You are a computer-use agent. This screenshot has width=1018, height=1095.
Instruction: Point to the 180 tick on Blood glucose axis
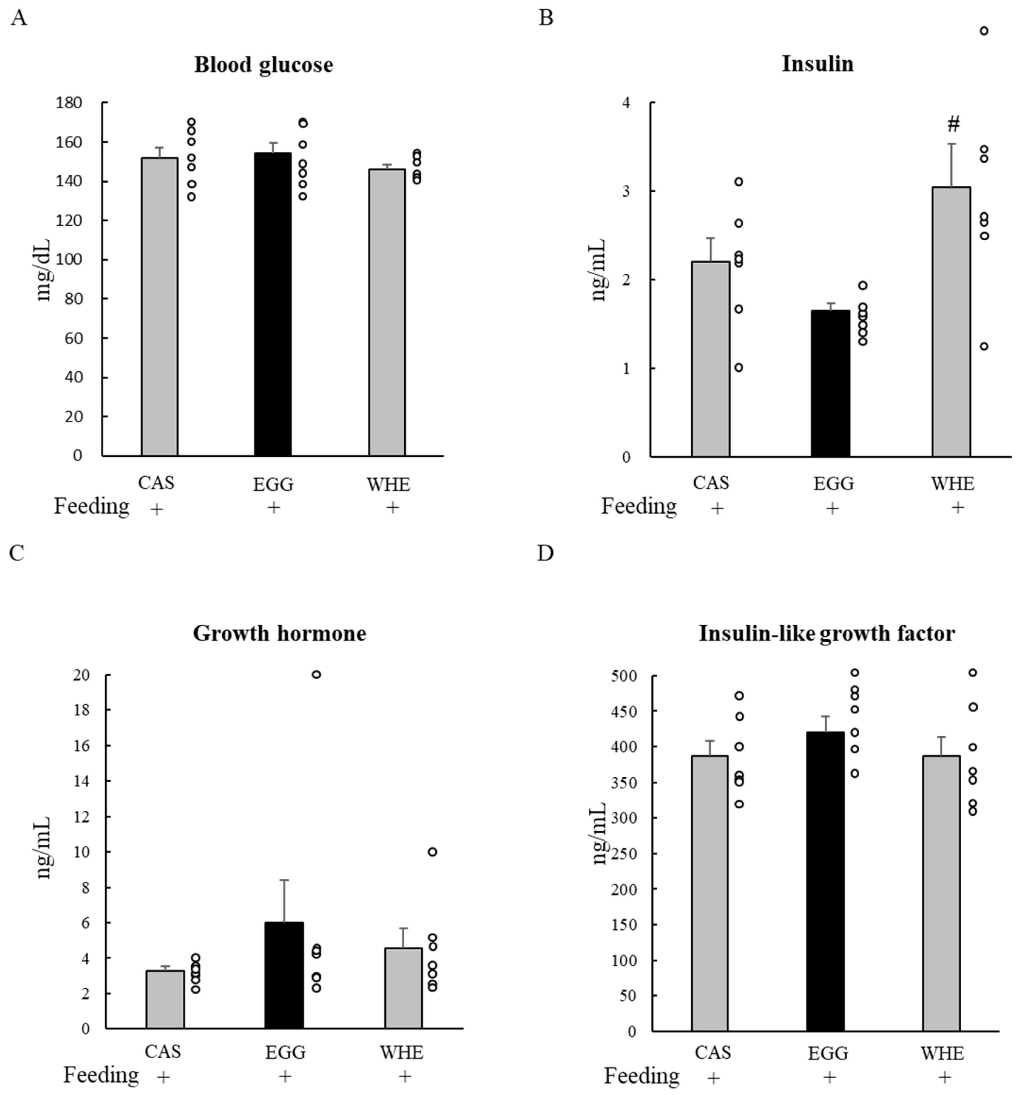point(69,103)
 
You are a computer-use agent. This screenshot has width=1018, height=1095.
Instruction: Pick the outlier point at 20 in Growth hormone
point(316,674)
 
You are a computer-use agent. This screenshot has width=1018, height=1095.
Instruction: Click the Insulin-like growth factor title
point(826,634)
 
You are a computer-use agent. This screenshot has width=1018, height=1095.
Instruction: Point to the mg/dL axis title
point(44,270)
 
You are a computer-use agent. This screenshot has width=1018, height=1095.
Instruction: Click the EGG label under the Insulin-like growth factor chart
point(828,1054)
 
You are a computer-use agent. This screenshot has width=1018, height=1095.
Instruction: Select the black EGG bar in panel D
point(825,881)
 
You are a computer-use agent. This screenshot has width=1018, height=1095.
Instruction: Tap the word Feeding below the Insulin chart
point(639,506)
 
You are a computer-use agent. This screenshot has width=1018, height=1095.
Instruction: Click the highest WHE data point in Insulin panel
point(984,31)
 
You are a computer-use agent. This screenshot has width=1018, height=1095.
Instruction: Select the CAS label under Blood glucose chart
point(156,482)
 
